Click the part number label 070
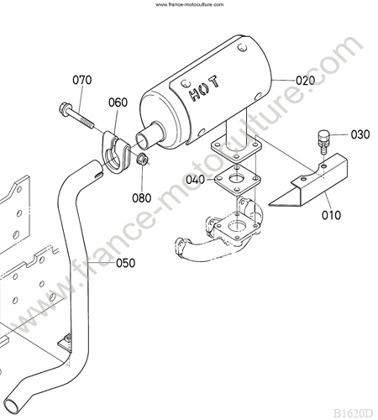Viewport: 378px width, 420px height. (x=82, y=80)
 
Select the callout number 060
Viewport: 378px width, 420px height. (x=118, y=102)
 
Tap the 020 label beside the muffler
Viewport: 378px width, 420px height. (x=306, y=81)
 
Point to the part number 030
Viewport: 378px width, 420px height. (x=360, y=134)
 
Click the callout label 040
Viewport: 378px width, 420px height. (x=196, y=180)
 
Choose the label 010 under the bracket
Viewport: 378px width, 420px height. (x=331, y=215)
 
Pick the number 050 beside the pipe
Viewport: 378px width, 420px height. (x=125, y=263)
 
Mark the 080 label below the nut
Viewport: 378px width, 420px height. (x=142, y=198)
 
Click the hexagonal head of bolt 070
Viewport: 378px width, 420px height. (x=66, y=109)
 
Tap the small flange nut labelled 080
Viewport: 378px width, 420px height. (x=143, y=160)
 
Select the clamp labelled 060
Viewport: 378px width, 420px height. (x=115, y=153)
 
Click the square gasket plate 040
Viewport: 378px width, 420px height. (x=237, y=180)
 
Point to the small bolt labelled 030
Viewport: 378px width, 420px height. (x=323, y=140)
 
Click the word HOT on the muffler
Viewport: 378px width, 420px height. (x=204, y=88)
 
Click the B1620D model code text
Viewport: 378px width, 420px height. (x=353, y=413)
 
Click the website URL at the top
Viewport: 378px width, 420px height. (x=190, y=4)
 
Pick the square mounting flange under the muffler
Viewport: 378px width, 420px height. (x=236, y=148)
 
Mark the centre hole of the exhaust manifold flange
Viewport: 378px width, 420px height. (x=237, y=225)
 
